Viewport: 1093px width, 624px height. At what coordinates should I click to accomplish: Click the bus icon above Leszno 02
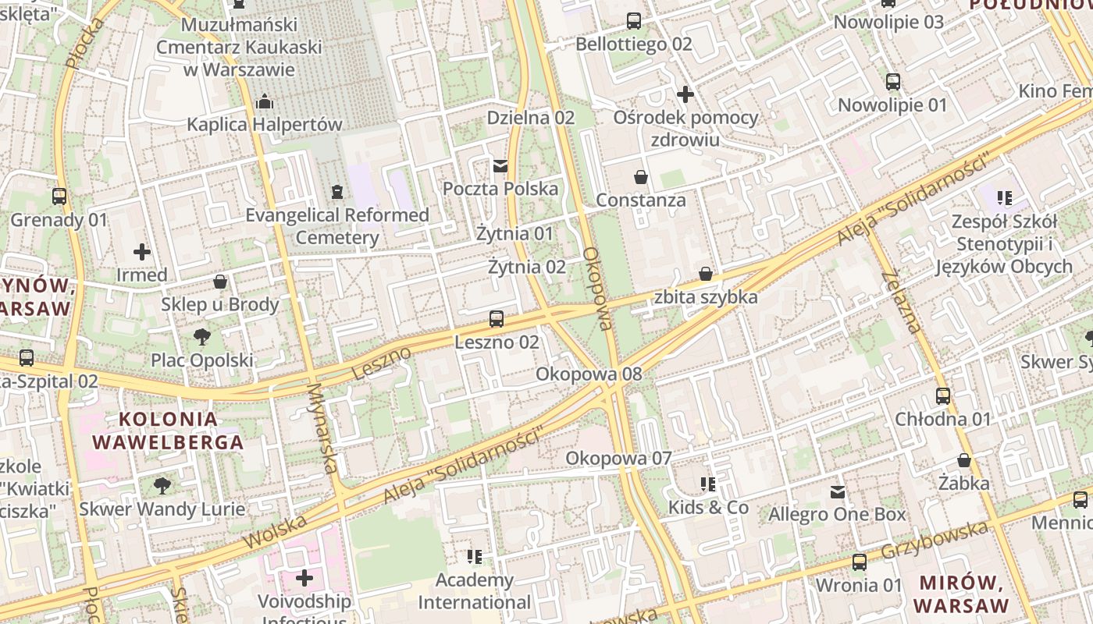496,318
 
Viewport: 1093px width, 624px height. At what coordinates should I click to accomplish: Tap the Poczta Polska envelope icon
500,165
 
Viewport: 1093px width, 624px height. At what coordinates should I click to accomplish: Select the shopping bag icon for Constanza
641,177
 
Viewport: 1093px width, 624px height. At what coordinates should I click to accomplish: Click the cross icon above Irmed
142,252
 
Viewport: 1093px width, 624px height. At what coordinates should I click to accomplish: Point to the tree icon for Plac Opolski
202,337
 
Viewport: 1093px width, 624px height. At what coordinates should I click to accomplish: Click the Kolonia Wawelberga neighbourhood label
168,431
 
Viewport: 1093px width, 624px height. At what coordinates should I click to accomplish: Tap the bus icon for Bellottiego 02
634,21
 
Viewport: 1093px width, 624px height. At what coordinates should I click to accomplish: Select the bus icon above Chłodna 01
943,395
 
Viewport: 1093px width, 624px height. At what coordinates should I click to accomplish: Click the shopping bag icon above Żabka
964,460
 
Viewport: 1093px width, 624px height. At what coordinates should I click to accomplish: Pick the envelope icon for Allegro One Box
838,491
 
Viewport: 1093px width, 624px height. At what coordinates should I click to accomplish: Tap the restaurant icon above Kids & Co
708,484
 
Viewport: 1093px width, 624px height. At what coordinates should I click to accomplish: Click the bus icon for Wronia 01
860,562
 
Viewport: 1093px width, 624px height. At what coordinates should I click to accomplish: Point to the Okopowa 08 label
589,374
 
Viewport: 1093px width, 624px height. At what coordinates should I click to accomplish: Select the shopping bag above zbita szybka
706,274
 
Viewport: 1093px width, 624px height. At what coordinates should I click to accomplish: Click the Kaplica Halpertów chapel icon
265,101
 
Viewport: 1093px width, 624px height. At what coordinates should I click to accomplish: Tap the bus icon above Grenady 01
59,197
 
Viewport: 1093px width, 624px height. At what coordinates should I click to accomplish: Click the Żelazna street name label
902,302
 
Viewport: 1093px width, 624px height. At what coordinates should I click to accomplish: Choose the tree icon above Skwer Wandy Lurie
162,486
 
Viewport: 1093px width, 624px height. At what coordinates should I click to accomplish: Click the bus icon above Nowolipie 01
893,81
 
